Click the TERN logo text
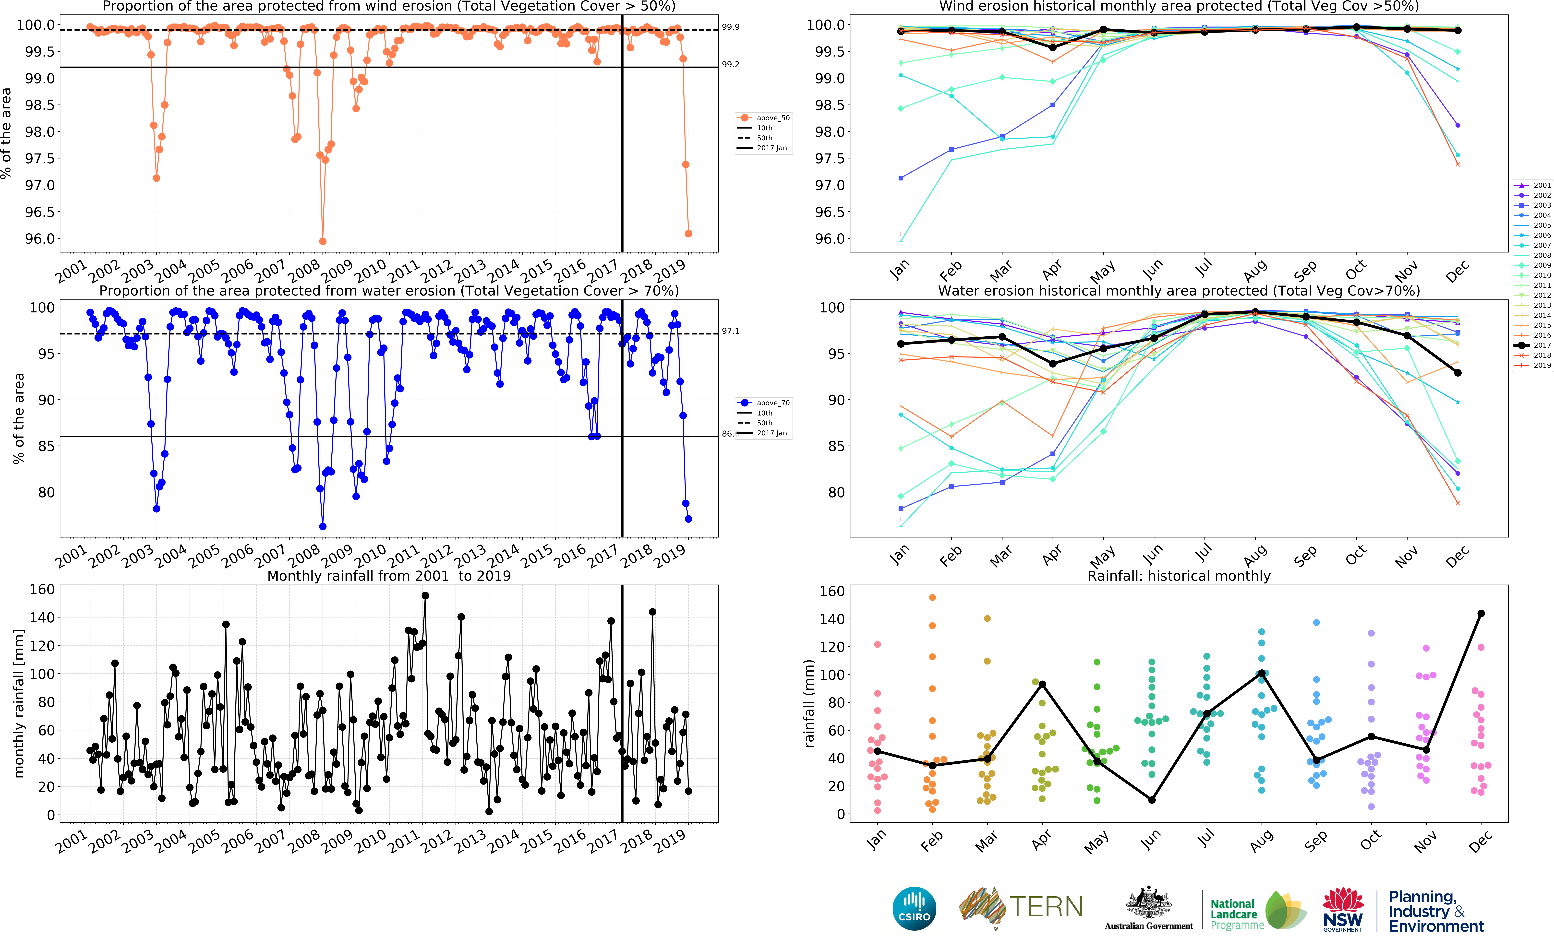point(1047,907)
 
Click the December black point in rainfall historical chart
point(1481,614)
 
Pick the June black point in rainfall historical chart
point(1152,800)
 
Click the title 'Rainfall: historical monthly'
point(1179,576)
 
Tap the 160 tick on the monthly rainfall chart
point(42,589)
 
